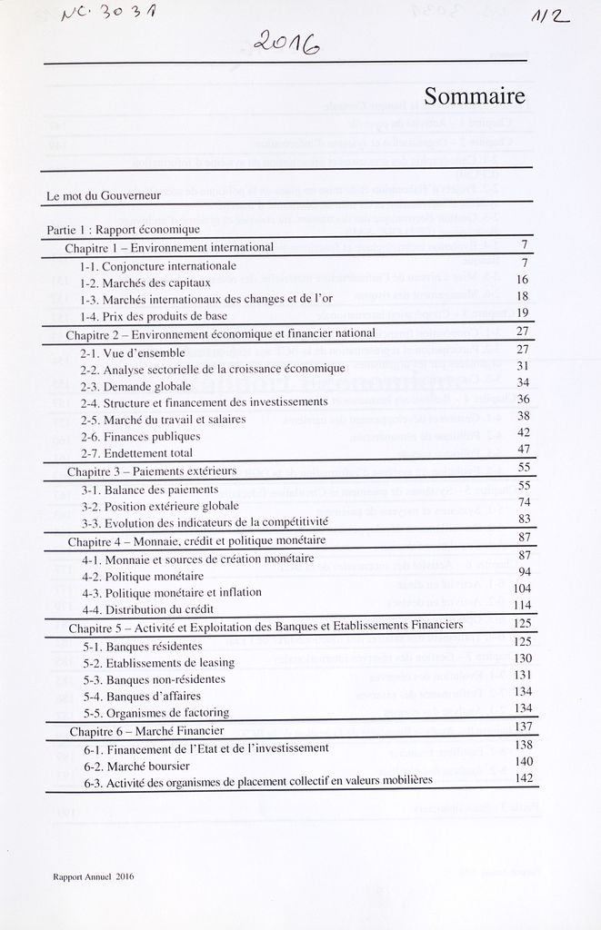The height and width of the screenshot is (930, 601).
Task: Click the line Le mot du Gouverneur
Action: (104, 195)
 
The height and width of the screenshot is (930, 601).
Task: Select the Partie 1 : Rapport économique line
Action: (123, 230)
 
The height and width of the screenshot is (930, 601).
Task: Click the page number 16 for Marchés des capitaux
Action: (522, 280)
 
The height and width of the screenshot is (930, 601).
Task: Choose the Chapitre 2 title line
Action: (221, 333)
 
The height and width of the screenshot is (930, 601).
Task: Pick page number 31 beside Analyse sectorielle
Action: (522, 366)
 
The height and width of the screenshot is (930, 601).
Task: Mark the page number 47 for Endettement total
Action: (522, 450)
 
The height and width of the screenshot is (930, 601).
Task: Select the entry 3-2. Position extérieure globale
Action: (160, 505)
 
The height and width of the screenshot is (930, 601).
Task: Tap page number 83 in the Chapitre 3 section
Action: (523, 519)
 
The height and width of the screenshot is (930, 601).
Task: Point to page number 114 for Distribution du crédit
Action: (521, 606)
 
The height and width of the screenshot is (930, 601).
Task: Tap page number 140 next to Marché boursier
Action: (523, 761)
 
